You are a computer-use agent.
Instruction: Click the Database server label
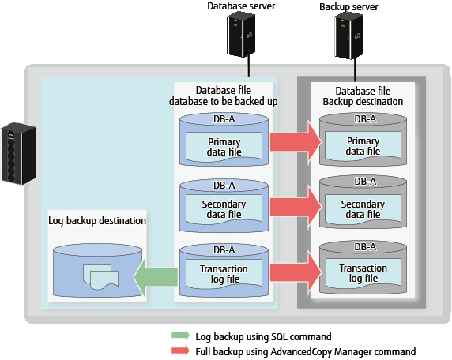click(241, 6)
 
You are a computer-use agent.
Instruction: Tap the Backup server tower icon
click(348, 36)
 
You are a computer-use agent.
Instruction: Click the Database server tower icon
click(241, 36)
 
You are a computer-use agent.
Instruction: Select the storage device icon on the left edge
click(19, 153)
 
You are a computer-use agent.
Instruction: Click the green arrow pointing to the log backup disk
click(156, 277)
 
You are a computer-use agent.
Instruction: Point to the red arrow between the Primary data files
click(296, 142)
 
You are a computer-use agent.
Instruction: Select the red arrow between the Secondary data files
click(296, 207)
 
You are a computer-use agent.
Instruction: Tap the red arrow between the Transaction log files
click(296, 272)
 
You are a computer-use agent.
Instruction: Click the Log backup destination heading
click(97, 221)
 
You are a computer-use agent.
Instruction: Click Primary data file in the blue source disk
click(224, 147)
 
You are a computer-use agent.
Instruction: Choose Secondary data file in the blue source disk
click(224, 209)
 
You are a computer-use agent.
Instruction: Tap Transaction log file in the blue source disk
click(224, 274)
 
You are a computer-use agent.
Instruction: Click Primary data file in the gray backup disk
click(363, 146)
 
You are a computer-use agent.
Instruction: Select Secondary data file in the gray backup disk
click(363, 209)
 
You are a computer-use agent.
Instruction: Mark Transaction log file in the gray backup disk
click(363, 273)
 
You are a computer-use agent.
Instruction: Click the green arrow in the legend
click(180, 336)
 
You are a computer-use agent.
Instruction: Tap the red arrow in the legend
click(180, 351)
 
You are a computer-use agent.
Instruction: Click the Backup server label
click(348, 7)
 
